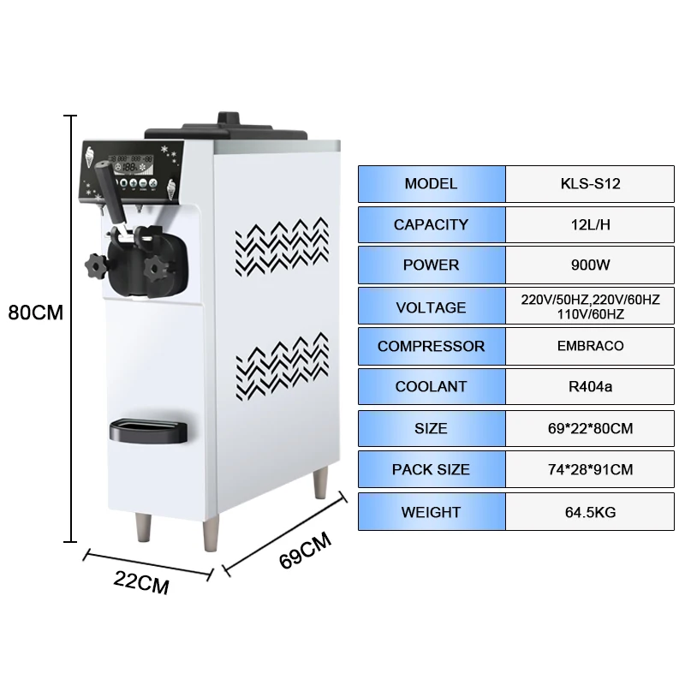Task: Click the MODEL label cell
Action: (x=431, y=184)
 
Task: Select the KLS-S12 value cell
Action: (x=590, y=184)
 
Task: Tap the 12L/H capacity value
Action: (x=590, y=225)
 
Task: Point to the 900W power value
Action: (x=590, y=265)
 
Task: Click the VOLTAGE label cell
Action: (x=431, y=307)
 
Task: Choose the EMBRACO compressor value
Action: (x=590, y=347)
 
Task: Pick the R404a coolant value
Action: (x=590, y=387)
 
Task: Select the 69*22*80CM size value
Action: (x=590, y=428)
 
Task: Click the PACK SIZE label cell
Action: (x=431, y=469)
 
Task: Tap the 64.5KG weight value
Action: (x=590, y=512)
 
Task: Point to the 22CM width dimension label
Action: (x=141, y=586)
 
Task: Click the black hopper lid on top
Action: (x=226, y=129)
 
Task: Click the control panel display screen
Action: (x=135, y=162)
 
